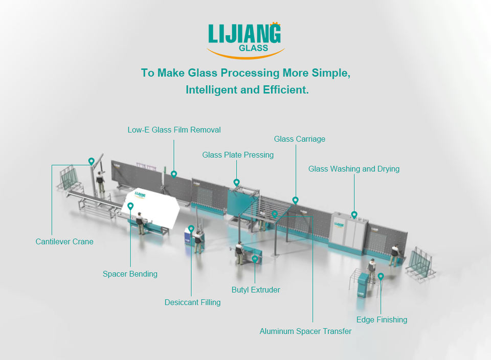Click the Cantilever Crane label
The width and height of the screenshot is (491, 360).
[64, 241]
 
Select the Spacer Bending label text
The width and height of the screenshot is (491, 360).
[130, 274]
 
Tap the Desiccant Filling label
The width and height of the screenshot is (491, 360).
[192, 302]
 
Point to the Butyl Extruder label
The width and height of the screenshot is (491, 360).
[256, 290]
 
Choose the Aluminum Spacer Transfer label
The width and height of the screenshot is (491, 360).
[305, 331]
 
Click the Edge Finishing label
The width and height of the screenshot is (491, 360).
[382, 320]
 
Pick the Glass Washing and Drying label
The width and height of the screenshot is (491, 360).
[354, 169]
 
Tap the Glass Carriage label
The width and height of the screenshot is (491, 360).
[299, 139]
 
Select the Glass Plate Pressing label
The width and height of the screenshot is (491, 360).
[238, 155]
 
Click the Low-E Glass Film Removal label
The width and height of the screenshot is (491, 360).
[174, 130]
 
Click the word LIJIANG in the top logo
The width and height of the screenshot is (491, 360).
[244, 34]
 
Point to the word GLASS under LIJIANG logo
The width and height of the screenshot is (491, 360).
[253, 49]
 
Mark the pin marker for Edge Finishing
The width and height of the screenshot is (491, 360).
[381, 276]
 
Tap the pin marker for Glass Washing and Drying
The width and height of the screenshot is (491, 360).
[354, 215]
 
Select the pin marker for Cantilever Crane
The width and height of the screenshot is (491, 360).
[92, 161]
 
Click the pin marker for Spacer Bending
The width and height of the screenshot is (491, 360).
[130, 206]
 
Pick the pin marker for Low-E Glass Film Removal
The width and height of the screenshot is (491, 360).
[174, 174]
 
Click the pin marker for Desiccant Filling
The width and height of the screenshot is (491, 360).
[191, 229]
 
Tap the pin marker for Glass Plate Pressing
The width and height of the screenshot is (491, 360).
[236, 182]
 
